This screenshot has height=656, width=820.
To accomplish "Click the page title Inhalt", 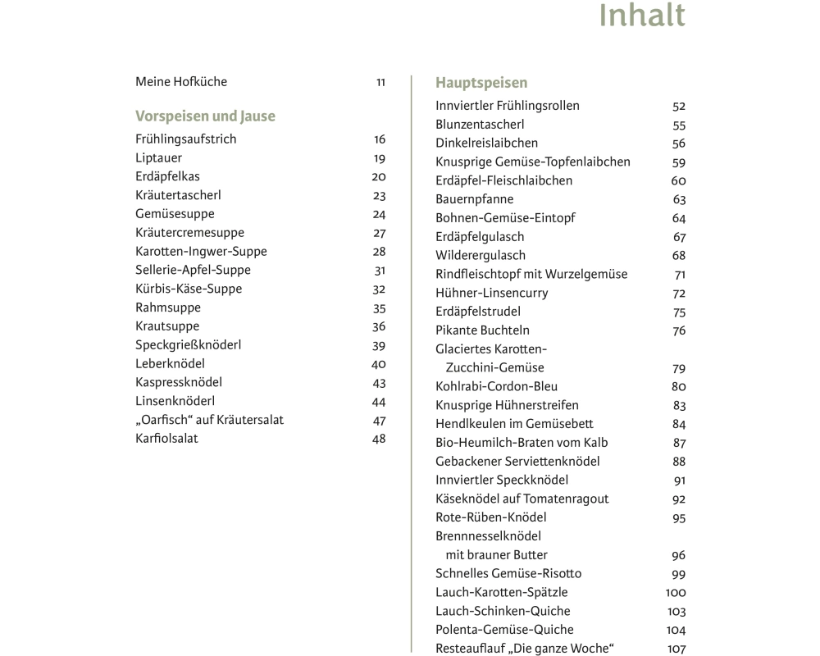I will (x=642, y=16).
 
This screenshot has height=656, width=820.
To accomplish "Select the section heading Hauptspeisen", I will (x=481, y=83).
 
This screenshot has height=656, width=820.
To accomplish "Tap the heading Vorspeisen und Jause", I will (x=205, y=116).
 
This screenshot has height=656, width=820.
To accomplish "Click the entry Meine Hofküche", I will (x=181, y=82).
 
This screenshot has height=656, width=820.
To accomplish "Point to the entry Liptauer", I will (x=158, y=157).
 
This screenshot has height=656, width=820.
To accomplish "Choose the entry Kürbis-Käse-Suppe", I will (x=189, y=289).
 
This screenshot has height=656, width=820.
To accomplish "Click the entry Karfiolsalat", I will (x=166, y=439).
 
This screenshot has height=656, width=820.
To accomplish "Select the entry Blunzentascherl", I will (x=480, y=125).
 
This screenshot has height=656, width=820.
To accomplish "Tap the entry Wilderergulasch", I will (x=481, y=256).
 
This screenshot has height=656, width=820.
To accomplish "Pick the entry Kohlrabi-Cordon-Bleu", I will (x=490, y=386).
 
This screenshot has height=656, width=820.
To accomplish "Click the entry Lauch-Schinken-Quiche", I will (x=503, y=611).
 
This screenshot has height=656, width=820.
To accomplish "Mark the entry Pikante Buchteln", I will (x=482, y=330).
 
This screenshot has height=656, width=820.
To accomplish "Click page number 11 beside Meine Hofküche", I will (x=380, y=82).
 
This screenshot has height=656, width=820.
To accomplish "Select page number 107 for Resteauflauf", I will (x=676, y=649).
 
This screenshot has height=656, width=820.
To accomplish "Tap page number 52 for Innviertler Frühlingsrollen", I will (x=678, y=107).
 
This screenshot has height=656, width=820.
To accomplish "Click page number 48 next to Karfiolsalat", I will (x=378, y=439).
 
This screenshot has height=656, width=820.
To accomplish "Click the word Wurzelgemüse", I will (x=586, y=274).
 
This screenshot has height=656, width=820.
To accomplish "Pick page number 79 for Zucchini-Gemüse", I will (x=678, y=369).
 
